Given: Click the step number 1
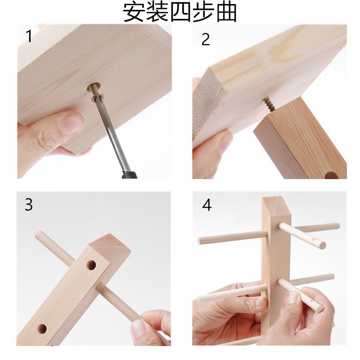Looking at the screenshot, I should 29,36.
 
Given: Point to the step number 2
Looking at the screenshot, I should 206,39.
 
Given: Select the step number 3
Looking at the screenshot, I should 29,205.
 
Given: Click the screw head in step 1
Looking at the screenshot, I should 95,87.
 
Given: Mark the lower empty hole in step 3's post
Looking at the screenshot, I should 42,328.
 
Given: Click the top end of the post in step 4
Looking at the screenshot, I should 274,203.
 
